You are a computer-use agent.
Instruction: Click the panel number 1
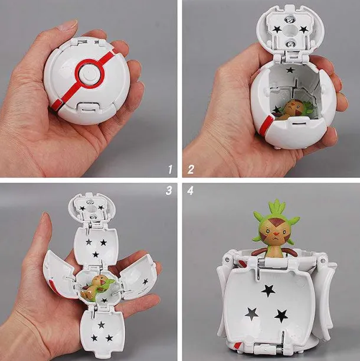[x=170, y=170]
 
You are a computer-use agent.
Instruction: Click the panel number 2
[x=191, y=170]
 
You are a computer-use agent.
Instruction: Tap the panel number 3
[x=169, y=190]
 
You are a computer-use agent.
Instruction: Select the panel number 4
[x=191, y=190]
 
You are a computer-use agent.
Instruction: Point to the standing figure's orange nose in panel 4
[x=275, y=235]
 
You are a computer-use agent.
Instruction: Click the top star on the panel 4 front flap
[x=268, y=291]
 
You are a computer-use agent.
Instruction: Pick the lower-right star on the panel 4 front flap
[x=281, y=316]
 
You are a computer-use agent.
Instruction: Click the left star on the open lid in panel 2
[x=276, y=29]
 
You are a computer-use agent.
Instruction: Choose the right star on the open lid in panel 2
[x=304, y=29]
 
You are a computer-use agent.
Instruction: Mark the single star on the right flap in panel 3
[x=145, y=281]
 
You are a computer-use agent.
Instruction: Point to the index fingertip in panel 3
[x=45, y=216]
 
